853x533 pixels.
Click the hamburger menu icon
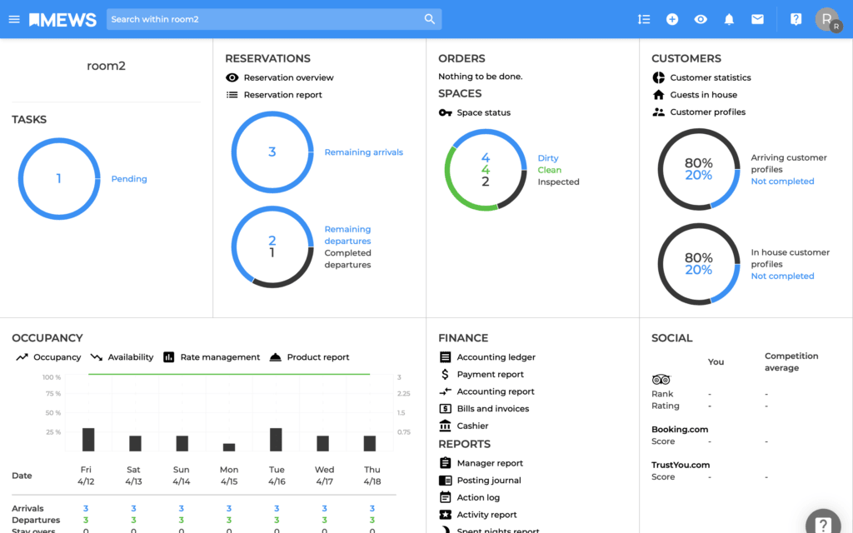[x=14, y=19]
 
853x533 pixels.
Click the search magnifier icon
[x=430, y=19]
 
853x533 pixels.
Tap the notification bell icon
[x=729, y=19]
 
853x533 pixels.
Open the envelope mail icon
[x=757, y=19]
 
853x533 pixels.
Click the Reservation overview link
[x=288, y=77]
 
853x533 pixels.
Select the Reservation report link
[x=282, y=95]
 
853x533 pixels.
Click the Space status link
[x=483, y=112]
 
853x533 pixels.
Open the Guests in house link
[x=703, y=95]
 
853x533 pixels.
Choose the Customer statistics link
[x=710, y=77]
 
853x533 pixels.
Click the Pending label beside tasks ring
[x=129, y=179]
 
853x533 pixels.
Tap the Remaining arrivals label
[x=363, y=152]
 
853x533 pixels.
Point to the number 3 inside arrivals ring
[x=272, y=152]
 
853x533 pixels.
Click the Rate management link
[x=220, y=357]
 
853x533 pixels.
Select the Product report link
[x=317, y=357]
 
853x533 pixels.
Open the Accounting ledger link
[x=496, y=357]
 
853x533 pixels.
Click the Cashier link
[x=472, y=426]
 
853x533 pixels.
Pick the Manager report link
[x=490, y=463]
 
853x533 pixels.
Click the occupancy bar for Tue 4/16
[x=276, y=440]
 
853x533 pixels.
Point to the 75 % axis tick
[x=52, y=394]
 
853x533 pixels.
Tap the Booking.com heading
[x=680, y=430]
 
